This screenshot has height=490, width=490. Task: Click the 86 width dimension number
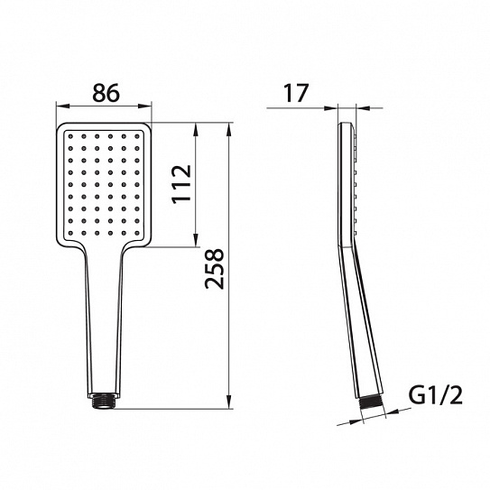[106, 93]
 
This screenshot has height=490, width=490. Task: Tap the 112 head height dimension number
[181, 184]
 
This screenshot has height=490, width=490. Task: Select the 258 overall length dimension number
[215, 269]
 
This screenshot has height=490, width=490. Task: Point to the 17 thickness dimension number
[296, 93]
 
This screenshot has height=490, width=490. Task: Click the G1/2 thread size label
[435, 395]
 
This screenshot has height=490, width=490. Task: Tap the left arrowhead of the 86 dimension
[62, 106]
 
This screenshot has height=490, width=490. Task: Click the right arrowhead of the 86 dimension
[145, 106]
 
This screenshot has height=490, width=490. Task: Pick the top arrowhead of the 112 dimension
[196, 129]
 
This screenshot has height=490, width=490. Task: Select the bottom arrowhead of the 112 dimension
[196, 240]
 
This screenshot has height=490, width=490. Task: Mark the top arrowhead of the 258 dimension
[230, 129]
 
